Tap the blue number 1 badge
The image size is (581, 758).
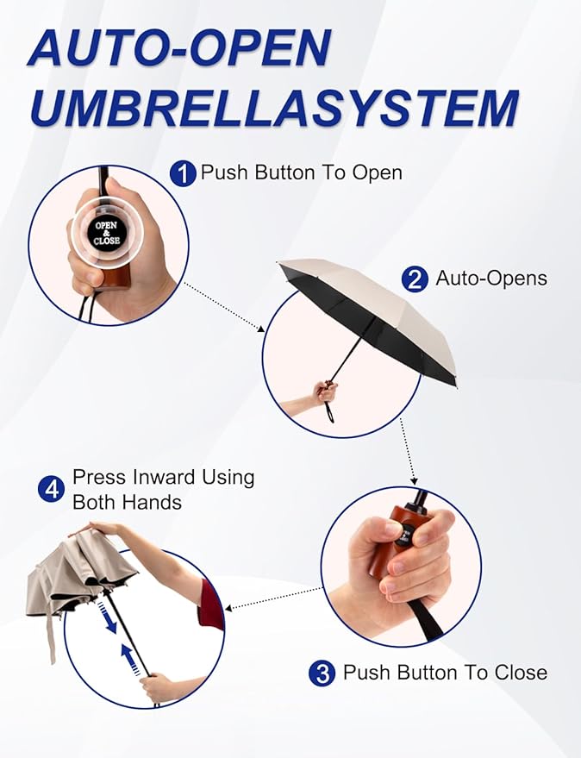tap(183, 174)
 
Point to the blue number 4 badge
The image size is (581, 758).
tap(51, 490)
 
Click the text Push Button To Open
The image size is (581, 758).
tap(301, 172)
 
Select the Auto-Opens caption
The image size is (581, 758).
tap(490, 279)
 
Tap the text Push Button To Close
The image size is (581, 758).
tap(445, 673)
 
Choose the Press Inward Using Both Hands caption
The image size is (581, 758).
tap(163, 489)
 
